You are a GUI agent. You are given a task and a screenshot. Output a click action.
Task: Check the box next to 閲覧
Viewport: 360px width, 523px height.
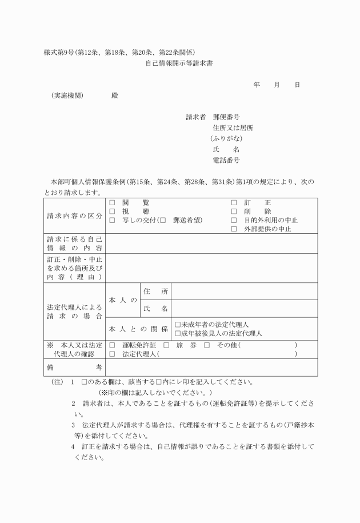coord(112,203)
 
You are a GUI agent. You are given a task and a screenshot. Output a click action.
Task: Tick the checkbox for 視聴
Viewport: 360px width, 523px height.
coord(112,211)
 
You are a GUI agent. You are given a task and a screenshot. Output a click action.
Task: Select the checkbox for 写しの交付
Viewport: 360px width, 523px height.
coord(112,220)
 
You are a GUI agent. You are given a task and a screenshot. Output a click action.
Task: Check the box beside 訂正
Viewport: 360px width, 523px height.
coord(234,203)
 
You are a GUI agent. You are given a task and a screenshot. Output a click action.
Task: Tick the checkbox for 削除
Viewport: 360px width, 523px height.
coord(234,211)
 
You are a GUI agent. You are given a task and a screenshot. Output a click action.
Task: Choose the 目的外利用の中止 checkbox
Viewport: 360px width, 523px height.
coord(234,220)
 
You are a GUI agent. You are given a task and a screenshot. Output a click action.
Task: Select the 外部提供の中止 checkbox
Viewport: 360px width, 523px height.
coord(234,229)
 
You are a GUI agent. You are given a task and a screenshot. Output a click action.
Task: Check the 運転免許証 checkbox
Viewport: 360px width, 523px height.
coord(112,346)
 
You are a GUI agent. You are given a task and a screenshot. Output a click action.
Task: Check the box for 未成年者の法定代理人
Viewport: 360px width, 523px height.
coord(178,325)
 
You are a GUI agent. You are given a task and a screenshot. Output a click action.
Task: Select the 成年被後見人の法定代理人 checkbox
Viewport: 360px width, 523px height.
coord(178,333)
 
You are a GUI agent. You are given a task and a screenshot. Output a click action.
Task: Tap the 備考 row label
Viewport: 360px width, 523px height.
coord(74,367)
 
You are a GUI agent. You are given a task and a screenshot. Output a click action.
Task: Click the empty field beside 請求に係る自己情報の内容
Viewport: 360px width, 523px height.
coord(211,243)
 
